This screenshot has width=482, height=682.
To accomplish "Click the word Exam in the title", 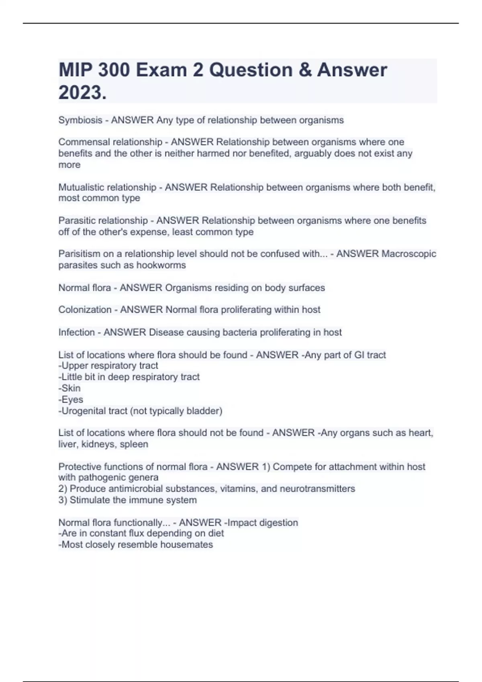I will [161, 70].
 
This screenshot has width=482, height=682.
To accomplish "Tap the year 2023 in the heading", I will [80, 93].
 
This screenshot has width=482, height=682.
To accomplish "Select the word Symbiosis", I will [80, 120].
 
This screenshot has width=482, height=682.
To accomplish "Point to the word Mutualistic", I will [82, 187].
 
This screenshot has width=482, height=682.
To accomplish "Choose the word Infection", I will [76, 332].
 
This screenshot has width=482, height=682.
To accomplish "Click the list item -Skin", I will [69, 388].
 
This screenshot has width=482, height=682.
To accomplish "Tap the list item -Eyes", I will [71, 400].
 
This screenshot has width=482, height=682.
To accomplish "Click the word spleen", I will [134, 444].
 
